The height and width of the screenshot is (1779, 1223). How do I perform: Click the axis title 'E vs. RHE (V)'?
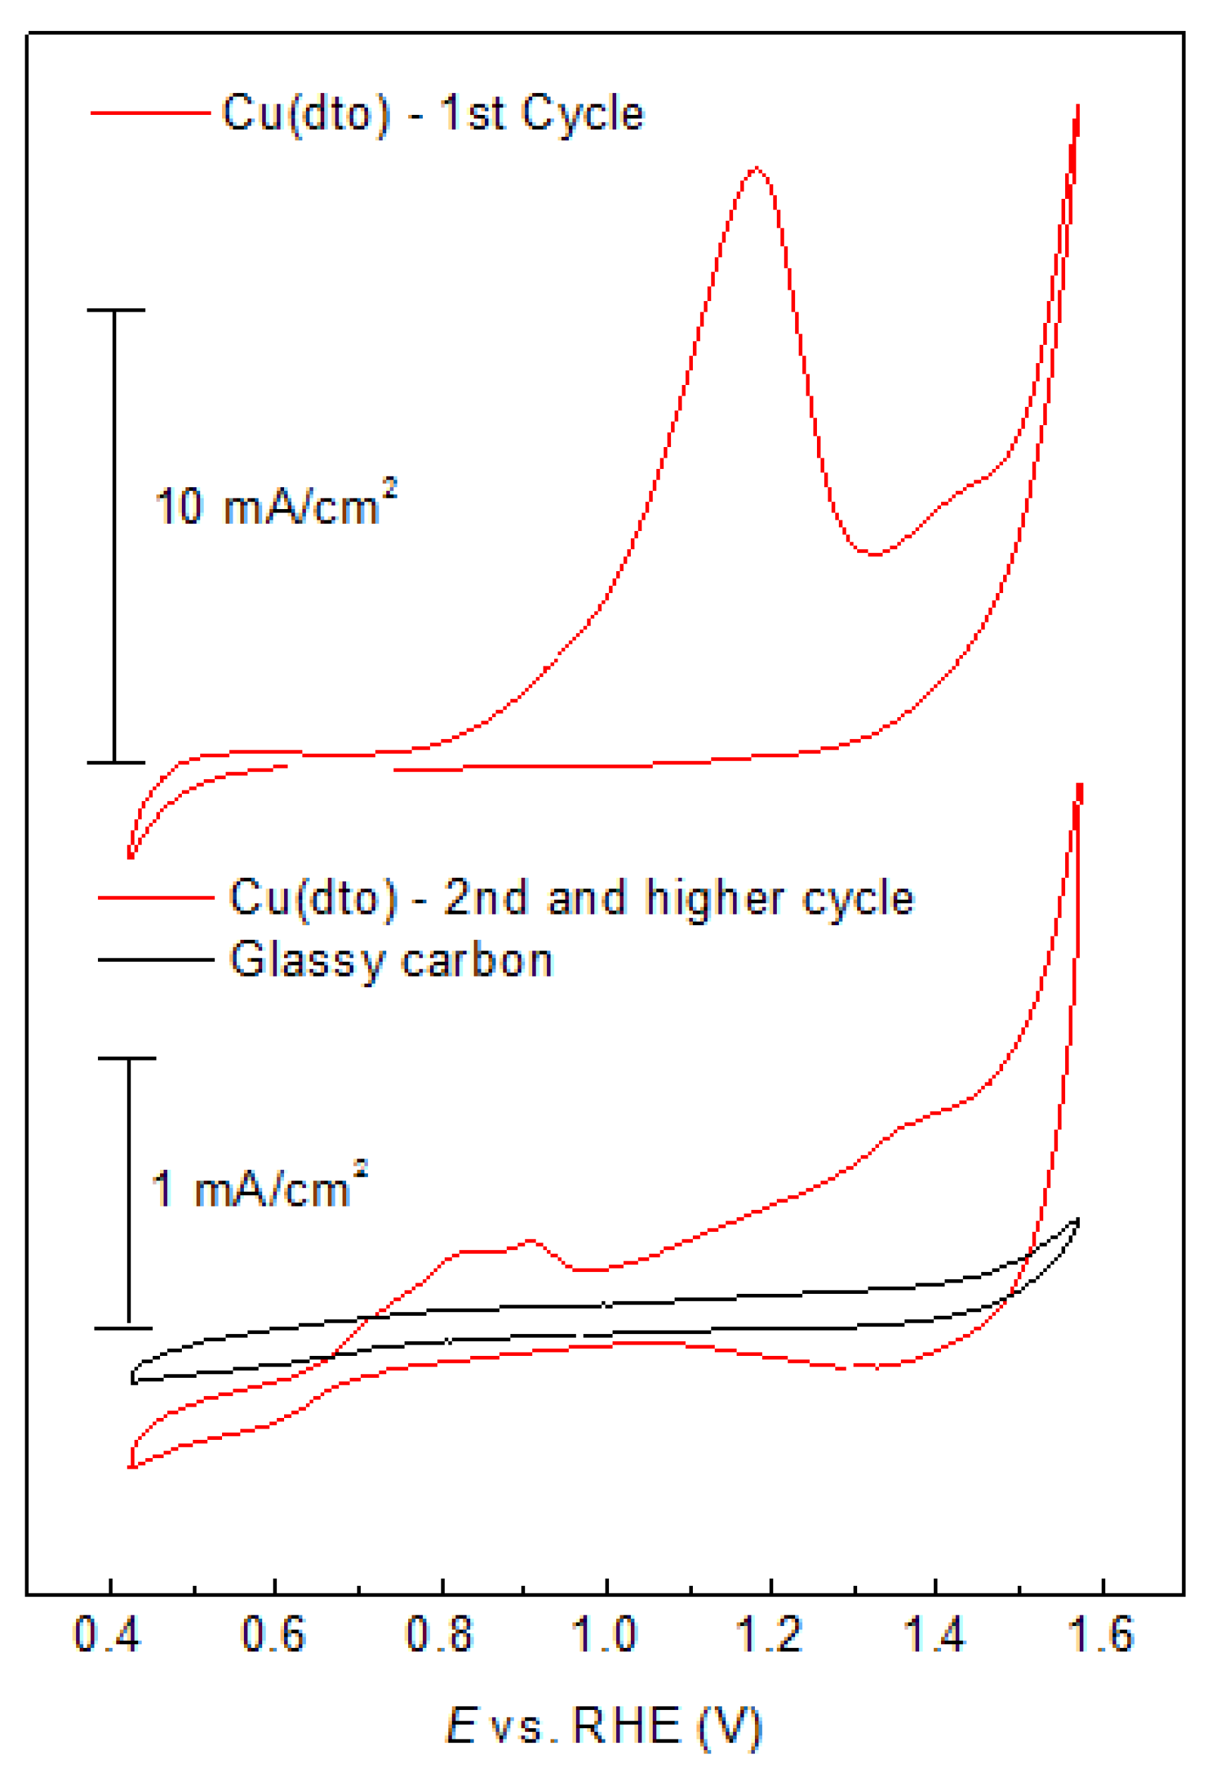tap(604, 1726)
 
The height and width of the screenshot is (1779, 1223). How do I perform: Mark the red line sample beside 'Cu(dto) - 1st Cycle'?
tap(150, 113)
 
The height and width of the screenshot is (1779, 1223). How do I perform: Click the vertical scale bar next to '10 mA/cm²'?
tap(115, 537)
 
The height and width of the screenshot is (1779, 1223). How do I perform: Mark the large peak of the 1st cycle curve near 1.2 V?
tap(756, 168)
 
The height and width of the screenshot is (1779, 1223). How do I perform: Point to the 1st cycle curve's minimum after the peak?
tap(873, 554)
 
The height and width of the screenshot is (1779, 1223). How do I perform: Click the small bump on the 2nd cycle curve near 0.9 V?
tap(530, 1240)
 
